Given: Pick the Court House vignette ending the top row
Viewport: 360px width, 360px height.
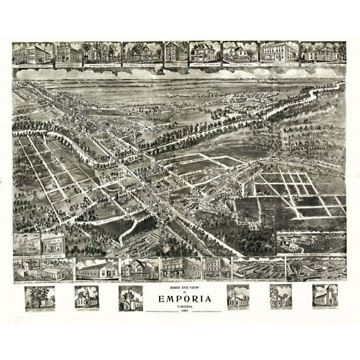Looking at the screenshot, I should point(323,53).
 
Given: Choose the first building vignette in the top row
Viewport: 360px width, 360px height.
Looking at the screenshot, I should point(32,53).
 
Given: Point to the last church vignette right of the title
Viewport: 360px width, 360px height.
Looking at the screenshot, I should point(325,295).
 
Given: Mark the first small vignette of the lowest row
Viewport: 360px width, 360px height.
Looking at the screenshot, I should point(40,297).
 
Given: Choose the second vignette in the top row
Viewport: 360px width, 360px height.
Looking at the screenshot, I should point(68,53).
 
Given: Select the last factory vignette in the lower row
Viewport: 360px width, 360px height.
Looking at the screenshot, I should point(316,268).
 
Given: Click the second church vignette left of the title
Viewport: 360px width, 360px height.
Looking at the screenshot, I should point(86,297).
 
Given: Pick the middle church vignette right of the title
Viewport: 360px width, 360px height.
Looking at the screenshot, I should point(280,296).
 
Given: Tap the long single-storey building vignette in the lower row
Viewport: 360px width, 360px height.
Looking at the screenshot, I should point(96,269).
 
